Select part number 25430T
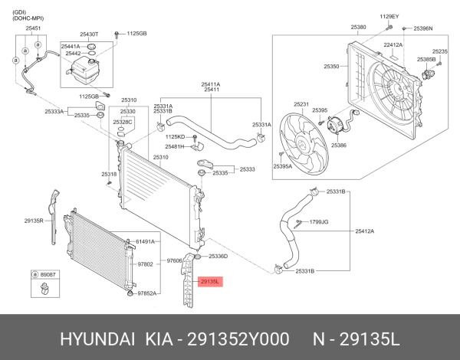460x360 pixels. click(x=90, y=34)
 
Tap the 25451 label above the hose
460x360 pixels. click(x=34, y=28)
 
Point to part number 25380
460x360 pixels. click(x=359, y=28)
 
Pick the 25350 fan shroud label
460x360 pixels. click(x=331, y=67)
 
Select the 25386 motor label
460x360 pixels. click(x=338, y=145)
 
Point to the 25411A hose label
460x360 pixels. click(x=211, y=83)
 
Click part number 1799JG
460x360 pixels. click(x=319, y=222)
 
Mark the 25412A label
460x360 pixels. click(x=364, y=231)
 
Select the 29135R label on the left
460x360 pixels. click(x=33, y=220)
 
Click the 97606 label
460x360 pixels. click(x=176, y=260)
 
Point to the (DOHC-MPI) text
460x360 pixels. click(x=27, y=16)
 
